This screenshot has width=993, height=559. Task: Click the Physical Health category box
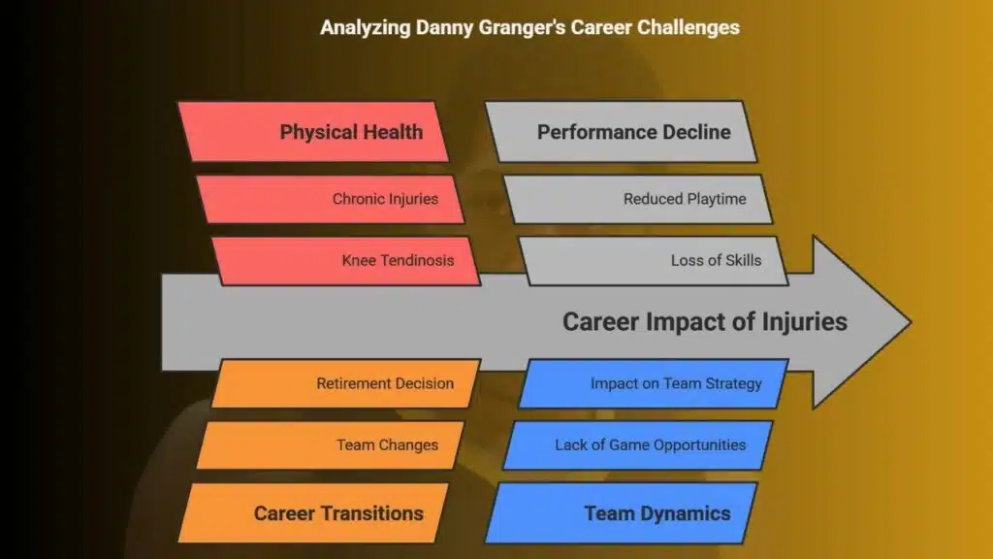(313, 132)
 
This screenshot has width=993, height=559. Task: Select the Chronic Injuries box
(331, 199)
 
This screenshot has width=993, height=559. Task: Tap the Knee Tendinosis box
(346, 260)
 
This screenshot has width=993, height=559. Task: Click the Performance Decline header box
(622, 132)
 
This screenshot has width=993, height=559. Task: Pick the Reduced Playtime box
(638, 199)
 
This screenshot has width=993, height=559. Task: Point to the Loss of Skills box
(654, 260)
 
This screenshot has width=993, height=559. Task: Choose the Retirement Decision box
(346, 383)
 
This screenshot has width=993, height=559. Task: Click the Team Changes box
(331, 444)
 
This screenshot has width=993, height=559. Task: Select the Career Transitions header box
(313, 512)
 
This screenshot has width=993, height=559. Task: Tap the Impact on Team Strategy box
(654, 383)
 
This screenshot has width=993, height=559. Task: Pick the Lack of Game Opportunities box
(638, 444)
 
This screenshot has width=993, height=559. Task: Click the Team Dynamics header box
(622, 512)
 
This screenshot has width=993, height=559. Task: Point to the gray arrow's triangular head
(855, 322)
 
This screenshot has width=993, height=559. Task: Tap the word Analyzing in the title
(366, 28)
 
